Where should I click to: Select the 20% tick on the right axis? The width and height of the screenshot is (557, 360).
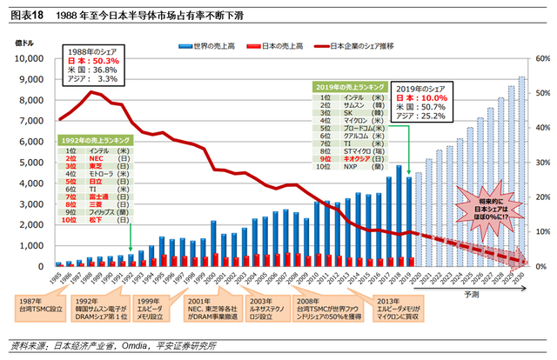tap(540, 197)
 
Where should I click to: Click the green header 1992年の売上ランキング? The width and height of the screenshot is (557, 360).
tap(94, 140)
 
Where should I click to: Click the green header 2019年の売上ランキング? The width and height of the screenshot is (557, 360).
tap(348, 87)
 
